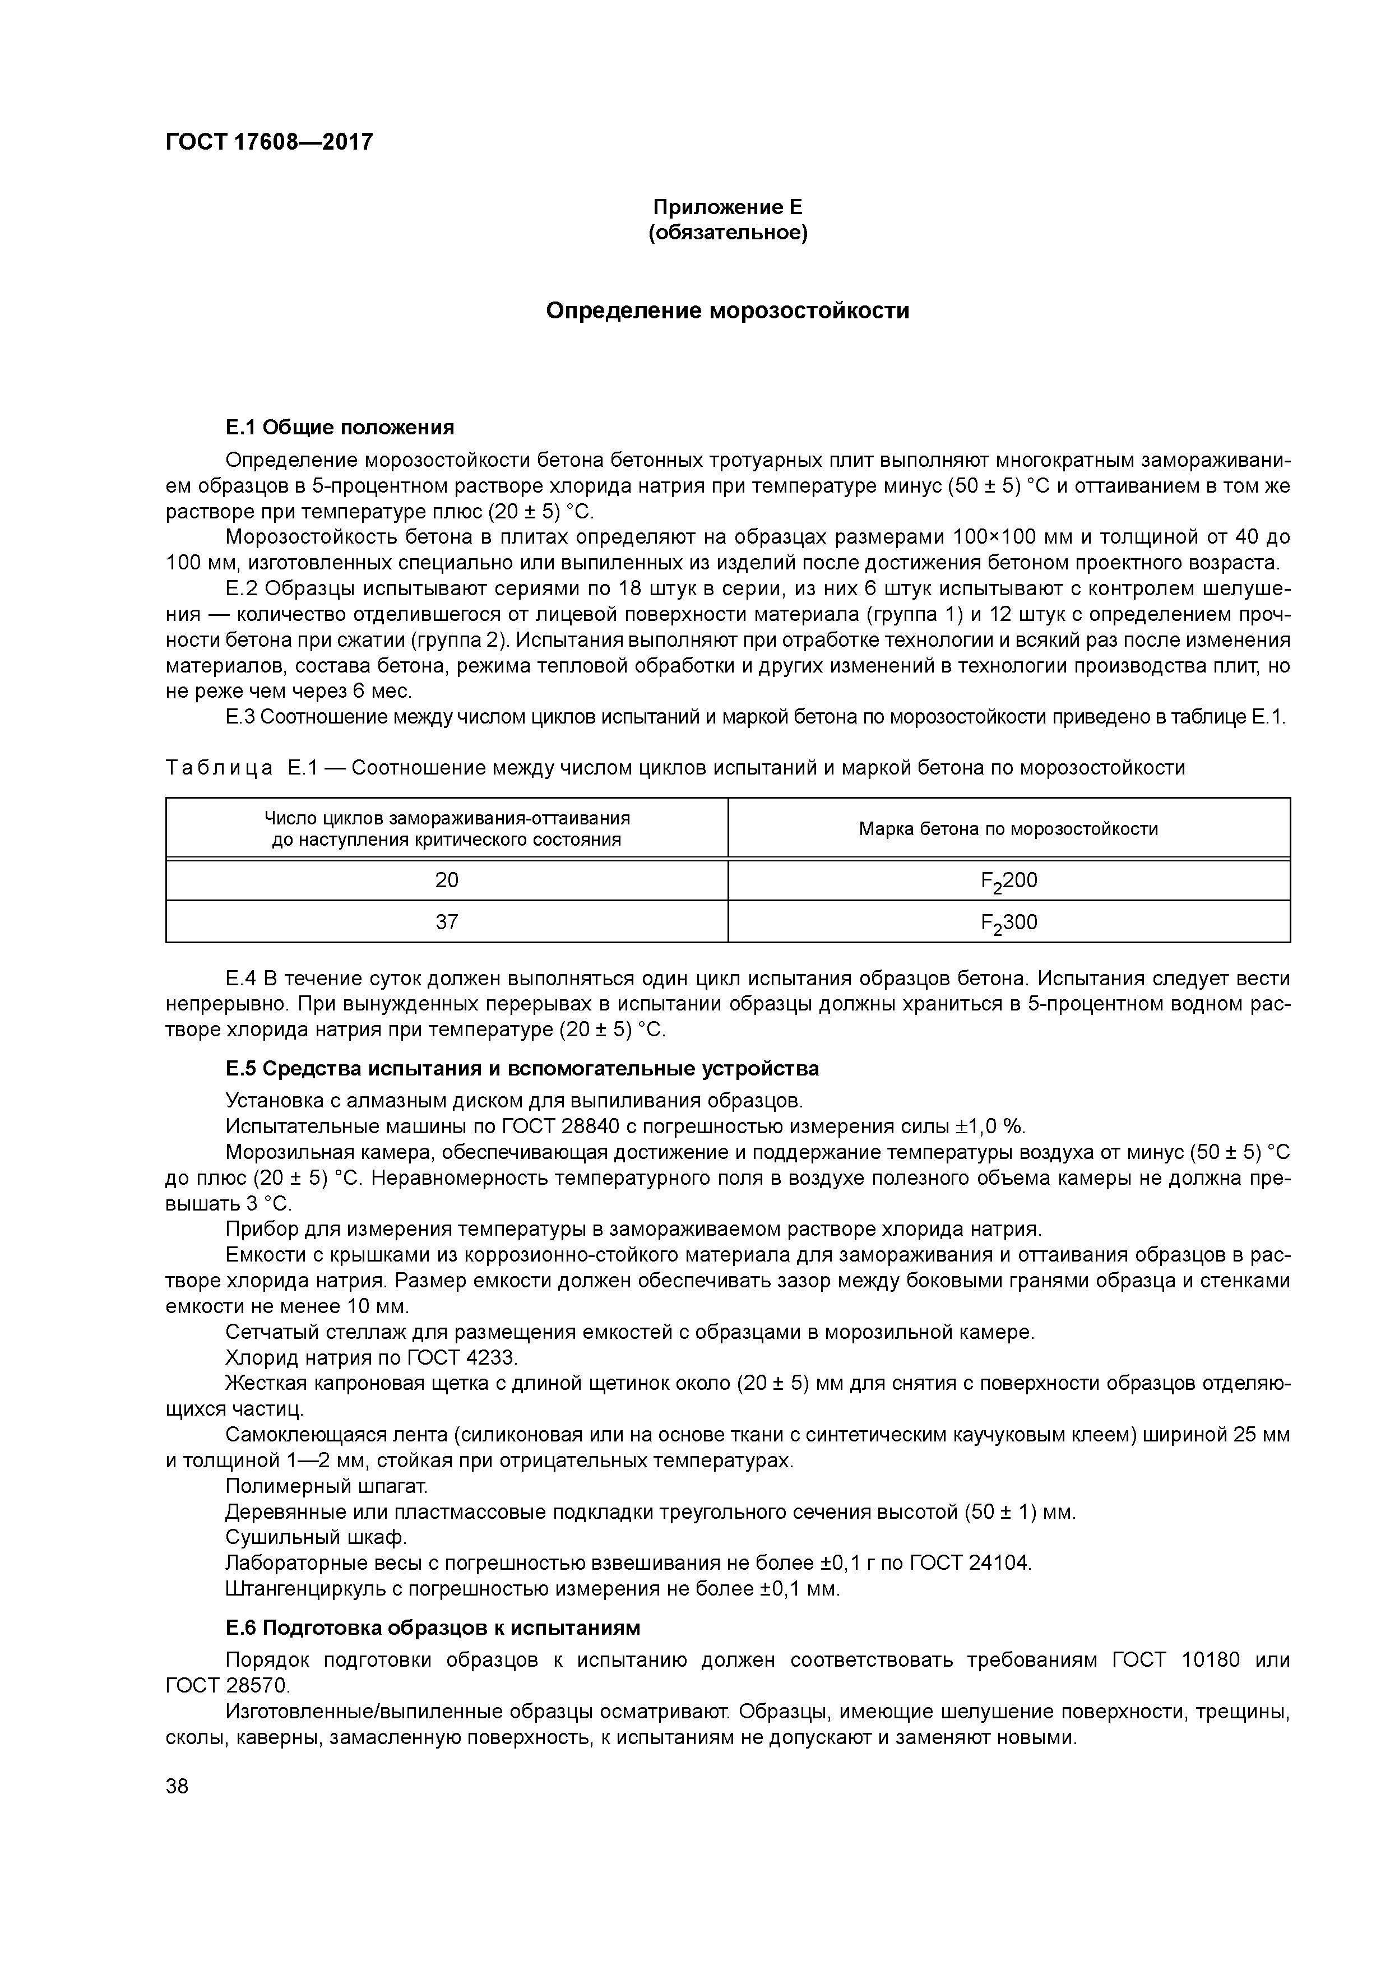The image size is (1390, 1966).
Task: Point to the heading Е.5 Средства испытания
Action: [522, 1069]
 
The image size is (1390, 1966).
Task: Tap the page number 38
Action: [177, 1786]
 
